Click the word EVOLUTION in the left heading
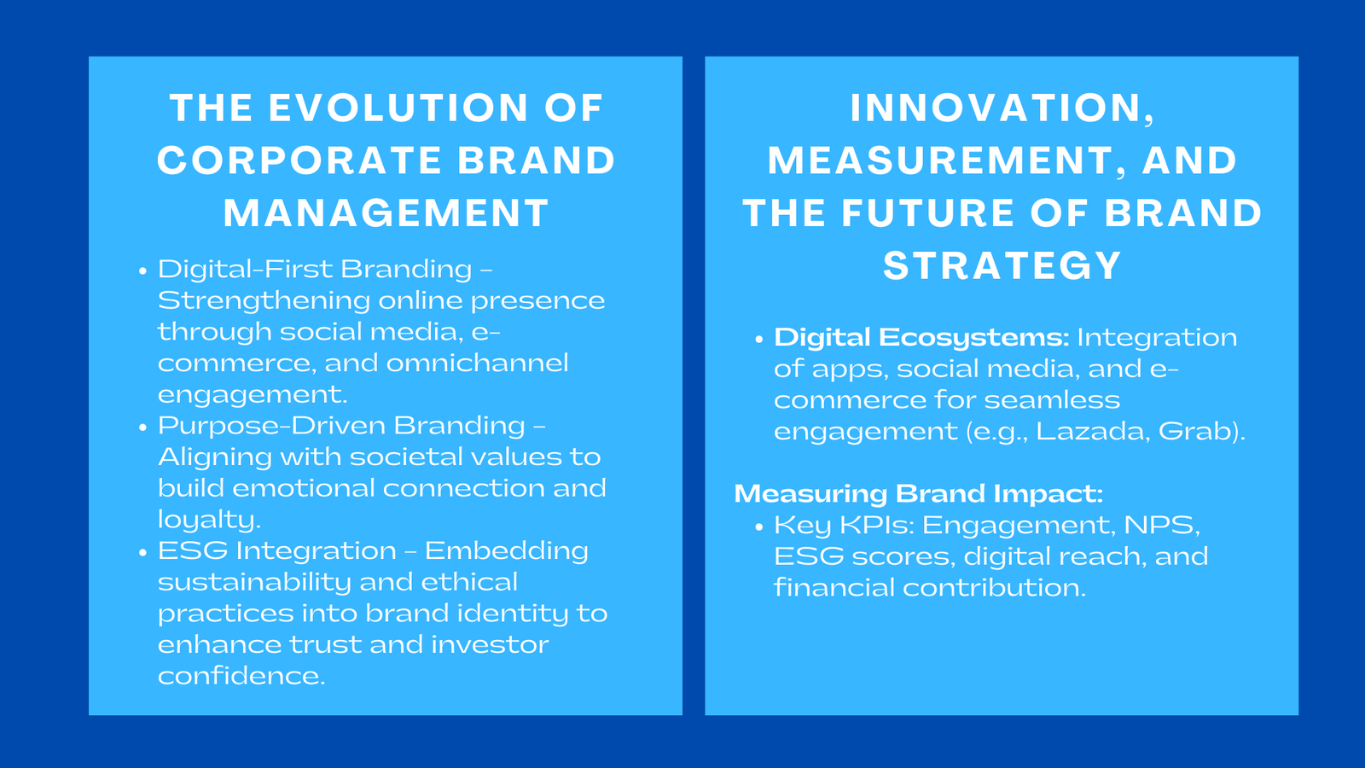398,108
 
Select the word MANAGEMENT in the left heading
386,213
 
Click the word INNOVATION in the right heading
996,108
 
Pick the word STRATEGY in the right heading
1002,266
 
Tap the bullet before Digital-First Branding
142,271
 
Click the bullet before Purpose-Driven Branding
142,427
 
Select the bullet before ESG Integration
142,552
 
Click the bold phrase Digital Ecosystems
921,338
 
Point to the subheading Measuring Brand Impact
918,494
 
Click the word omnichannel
477,364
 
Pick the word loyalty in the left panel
208,521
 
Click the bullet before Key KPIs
759,527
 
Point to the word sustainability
254,583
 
